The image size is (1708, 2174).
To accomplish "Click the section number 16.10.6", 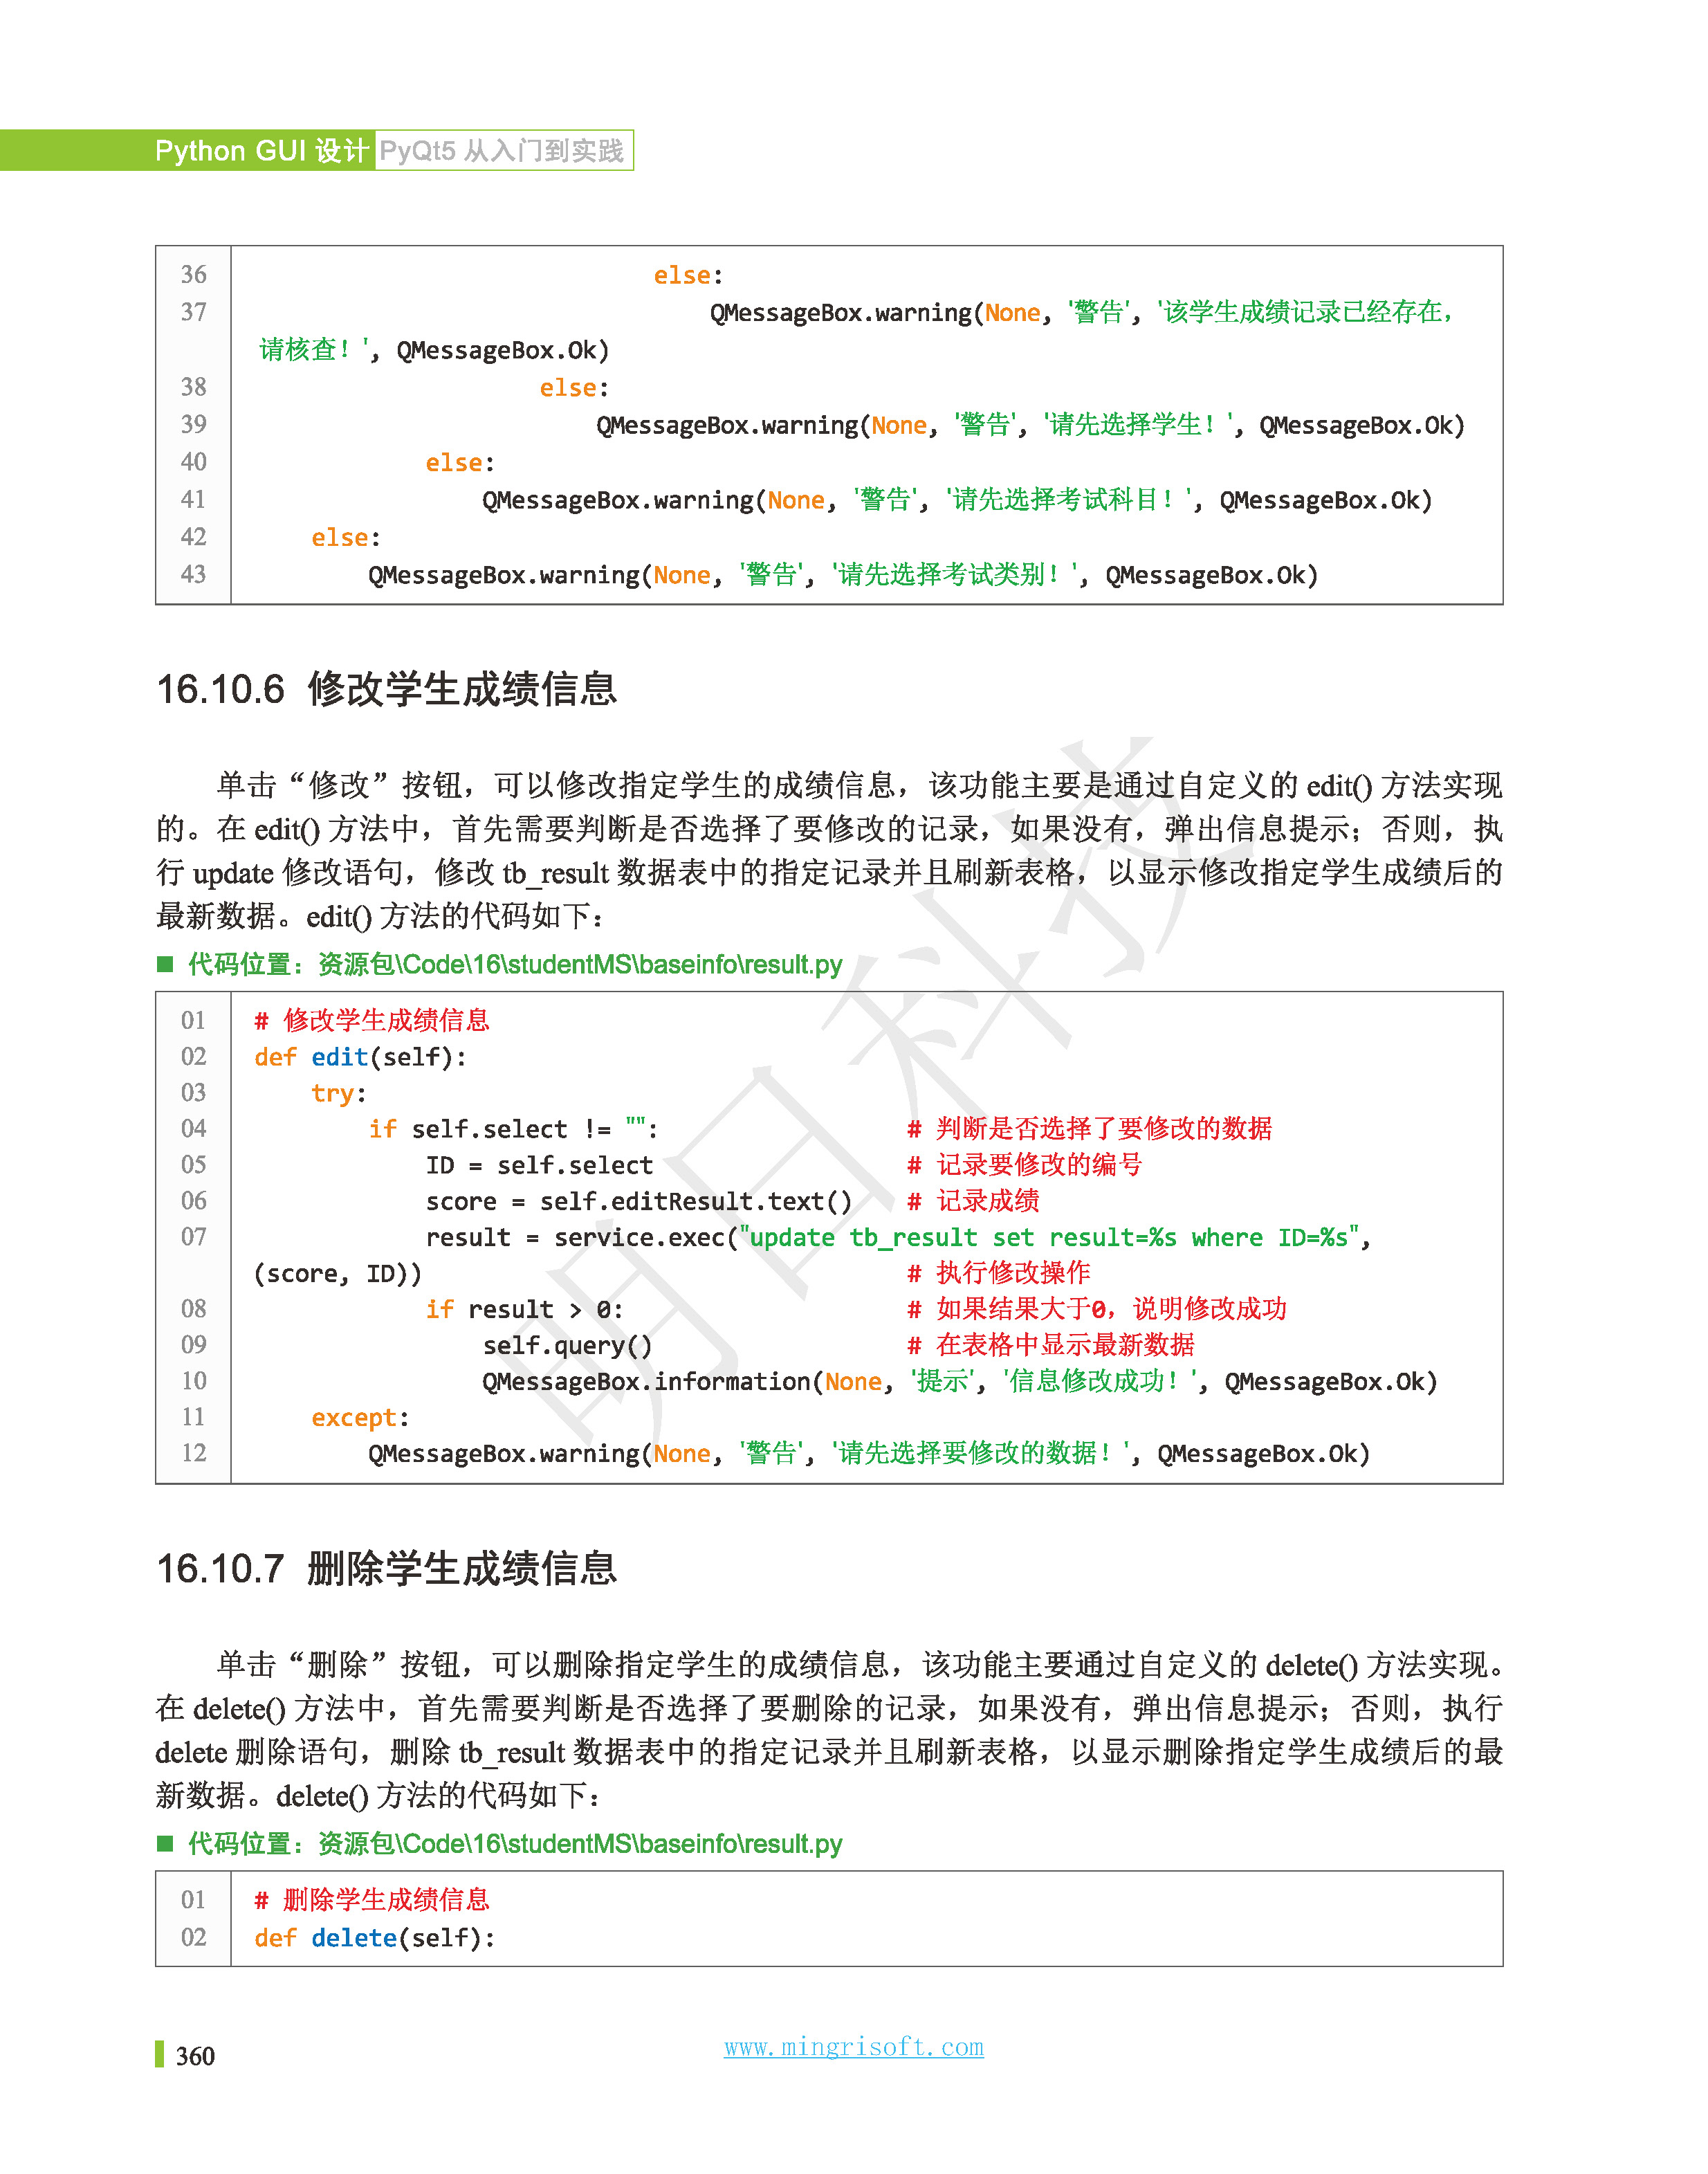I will point(220,690).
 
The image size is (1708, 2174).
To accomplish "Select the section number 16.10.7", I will point(220,1569).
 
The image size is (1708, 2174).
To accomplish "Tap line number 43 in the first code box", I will point(193,575).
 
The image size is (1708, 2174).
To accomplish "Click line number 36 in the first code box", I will point(193,275).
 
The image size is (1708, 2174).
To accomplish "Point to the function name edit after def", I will point(339,1057).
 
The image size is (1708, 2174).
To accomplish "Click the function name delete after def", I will point(354,1938).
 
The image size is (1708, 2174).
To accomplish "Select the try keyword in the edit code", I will point(333,1093).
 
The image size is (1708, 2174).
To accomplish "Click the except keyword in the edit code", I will point(354,1418).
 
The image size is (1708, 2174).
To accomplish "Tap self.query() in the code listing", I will point(567,1346).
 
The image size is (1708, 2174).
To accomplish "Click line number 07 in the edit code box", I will point(193,1237).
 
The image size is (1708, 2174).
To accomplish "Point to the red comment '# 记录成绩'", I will point(973,1201).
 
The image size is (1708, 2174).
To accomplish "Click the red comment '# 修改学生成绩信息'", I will point(372,1021).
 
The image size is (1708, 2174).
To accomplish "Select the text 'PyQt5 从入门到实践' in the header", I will point(502,151).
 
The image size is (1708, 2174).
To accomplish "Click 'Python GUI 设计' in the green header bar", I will point(262,151).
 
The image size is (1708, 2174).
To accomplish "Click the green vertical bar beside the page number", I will point(159,2054).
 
